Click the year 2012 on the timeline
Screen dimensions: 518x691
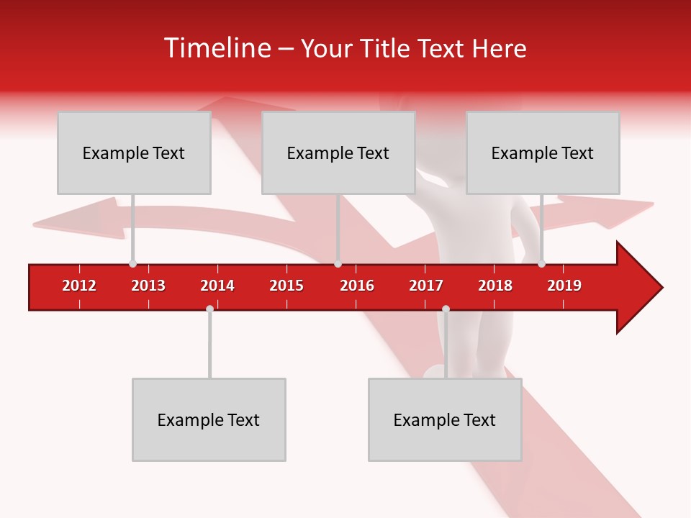point(79,286)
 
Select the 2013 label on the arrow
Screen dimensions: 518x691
point(148,286)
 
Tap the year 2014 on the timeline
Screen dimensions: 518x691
point(217,286)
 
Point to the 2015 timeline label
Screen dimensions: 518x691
point(286,286)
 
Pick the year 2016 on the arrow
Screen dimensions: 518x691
point(357,286)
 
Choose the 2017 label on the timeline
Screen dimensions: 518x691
point(426,286)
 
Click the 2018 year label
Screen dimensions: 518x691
point(495,286)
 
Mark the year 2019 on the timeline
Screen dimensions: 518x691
point(564,286)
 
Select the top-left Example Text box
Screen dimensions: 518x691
point(134,153)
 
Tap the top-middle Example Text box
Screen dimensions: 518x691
point(338,153)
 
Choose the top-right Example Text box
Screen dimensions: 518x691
point(543,153)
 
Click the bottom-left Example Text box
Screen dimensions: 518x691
point(209,419)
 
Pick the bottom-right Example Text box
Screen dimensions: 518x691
point(445,419)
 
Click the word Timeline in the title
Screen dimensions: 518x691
point(217,48)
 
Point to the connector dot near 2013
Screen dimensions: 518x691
point(132,264)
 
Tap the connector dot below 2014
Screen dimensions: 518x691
point(209,309)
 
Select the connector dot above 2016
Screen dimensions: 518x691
point(338,264)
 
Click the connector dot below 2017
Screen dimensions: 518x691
point(446,309)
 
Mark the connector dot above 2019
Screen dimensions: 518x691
point(541,264)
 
